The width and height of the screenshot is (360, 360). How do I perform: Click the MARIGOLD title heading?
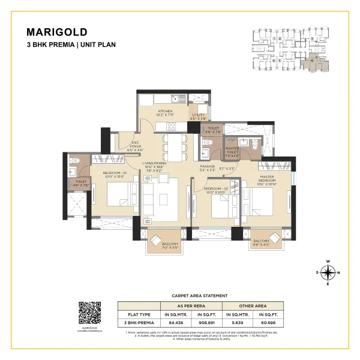[58, 32]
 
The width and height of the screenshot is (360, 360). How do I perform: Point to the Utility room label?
[199, 117]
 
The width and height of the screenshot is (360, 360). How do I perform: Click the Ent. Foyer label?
[136, 145]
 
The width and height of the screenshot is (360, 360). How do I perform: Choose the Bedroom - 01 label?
[112, 175]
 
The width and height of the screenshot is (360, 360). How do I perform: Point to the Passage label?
[208, 169]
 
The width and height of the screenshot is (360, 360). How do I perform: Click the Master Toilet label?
[232, 151]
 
